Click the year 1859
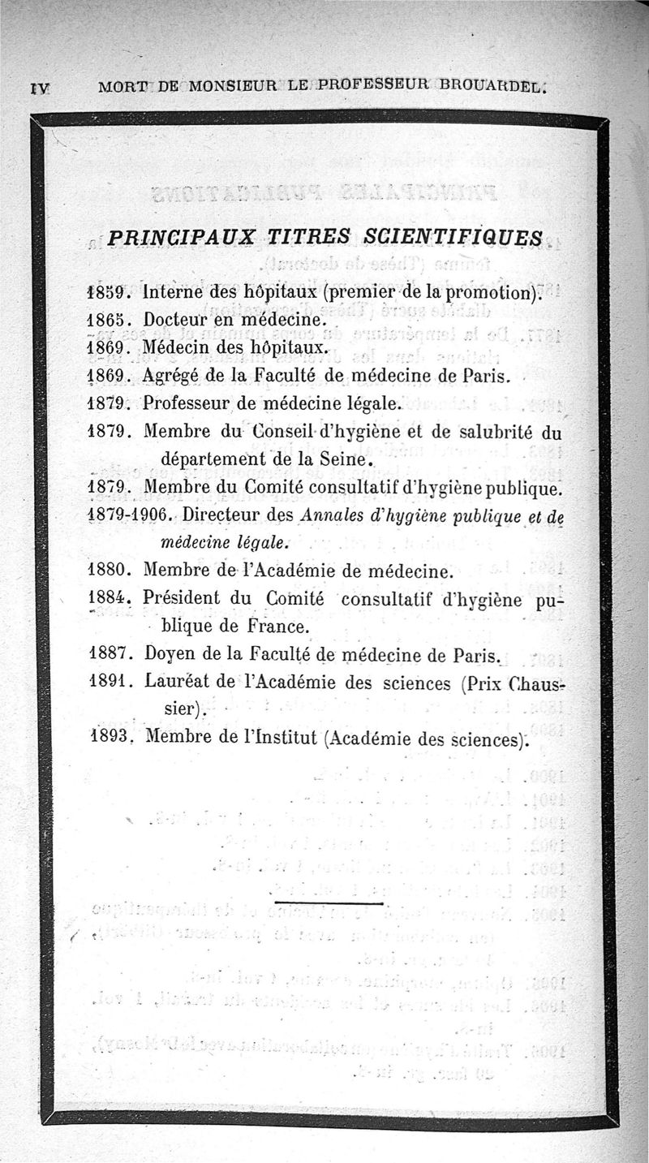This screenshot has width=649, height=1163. pos(107,291)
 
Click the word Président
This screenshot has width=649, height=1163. pos(183,600)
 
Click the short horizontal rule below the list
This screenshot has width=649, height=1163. pos(329,902)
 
